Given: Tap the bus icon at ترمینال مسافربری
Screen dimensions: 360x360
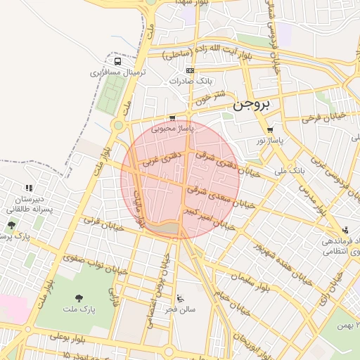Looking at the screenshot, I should (x=118, y=72).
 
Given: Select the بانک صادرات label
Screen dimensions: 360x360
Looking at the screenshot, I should (x=190, y=81).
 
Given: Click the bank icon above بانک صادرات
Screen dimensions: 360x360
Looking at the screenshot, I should (x=189, y=70).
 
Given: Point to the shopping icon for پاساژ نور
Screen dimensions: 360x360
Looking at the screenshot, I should (x=271, y=130).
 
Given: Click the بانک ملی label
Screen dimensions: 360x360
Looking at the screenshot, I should (x=289, y=170).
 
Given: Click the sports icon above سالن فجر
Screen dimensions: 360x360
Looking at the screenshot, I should (x=181, y=297).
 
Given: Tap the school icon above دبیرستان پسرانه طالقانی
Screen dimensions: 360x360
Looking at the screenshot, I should (x=29, y=188).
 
